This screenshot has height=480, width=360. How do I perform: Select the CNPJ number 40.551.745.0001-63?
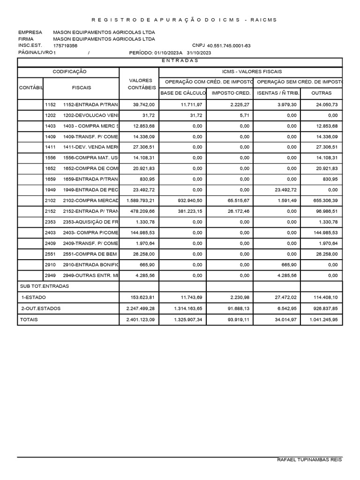tap(229, 46)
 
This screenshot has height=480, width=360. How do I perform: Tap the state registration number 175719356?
tap(66, 46)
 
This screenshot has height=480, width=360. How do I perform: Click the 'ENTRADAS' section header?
tap(180, 60)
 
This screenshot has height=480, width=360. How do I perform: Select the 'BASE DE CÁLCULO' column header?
tap(183, 93)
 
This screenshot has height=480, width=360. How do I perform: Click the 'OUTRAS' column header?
tap(321, 93)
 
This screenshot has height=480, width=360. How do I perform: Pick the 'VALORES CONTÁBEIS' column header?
tap(139, 84)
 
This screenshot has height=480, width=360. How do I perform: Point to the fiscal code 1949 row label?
tap(50, 190)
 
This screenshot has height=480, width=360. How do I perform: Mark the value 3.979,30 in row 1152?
tap(287, 105)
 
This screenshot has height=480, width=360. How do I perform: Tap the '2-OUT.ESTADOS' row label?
tap(41, 308)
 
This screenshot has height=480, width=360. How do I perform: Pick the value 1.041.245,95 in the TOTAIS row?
tap(323, 320)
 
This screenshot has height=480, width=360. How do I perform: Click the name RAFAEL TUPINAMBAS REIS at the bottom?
tap(309, 460)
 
